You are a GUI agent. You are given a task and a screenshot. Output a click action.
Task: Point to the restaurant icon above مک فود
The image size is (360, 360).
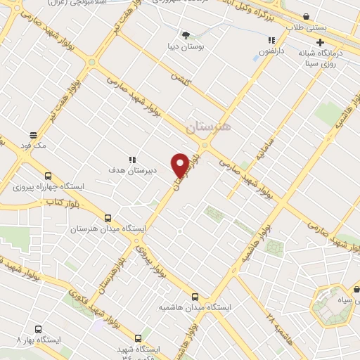[32, 134]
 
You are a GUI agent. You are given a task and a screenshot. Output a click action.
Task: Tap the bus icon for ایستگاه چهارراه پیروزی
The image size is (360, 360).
[48, 176]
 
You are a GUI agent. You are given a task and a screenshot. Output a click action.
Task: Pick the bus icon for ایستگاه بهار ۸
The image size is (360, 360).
[37, 328]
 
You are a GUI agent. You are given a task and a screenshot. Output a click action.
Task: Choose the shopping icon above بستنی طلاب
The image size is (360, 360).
[305, 16]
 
